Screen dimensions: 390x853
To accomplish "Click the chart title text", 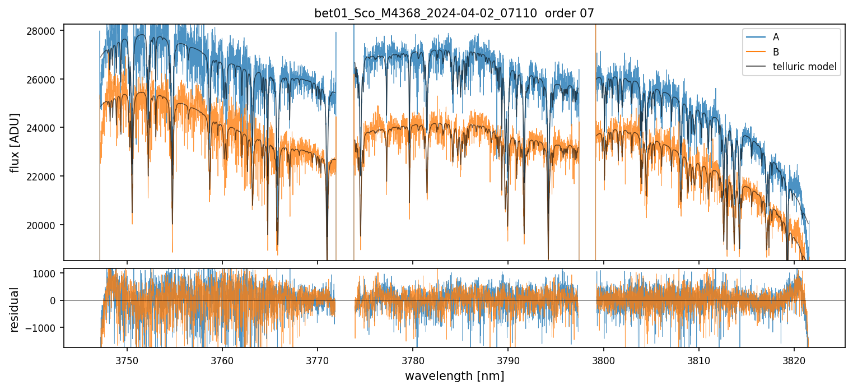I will coord(454,13).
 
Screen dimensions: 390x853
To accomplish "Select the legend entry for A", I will coord(776,37).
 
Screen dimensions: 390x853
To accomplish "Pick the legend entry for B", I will coord(776,52).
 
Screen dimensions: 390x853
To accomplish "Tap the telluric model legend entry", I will coord(804,67).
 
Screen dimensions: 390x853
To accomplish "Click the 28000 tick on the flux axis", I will coord(44,31).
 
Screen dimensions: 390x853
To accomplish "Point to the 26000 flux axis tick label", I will coord(44,80).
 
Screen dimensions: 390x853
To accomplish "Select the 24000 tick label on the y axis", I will coord(44,128).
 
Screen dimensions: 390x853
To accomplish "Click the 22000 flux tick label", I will coord(44,177).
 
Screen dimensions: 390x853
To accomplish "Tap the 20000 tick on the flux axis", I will coord(44,225).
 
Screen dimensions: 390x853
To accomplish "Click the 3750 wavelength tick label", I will coord(127,359).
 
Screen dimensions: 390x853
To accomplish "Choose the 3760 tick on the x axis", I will coord(222,359).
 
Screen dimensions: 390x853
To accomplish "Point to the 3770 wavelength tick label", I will coord(318,359).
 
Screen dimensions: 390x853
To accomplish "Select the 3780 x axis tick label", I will coord(413,359).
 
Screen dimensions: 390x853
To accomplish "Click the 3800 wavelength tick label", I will coord(604,359).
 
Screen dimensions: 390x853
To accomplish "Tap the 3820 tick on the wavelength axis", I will coord(794,359).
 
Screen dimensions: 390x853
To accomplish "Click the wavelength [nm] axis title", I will coord(454,375).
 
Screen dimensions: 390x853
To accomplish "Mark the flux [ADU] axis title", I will coord(15,142).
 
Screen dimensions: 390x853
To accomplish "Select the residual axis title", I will coord(15,308).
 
